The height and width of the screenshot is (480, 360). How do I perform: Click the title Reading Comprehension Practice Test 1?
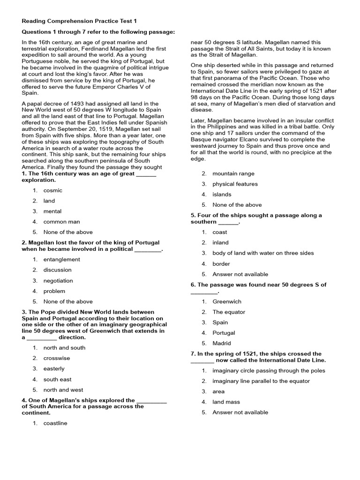coord(79,21)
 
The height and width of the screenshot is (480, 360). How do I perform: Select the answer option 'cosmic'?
coord(52,190)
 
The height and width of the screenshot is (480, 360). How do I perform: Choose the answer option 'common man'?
coord(61,222)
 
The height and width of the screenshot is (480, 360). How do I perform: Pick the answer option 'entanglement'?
coord(61,259)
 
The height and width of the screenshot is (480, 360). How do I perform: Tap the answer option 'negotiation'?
coord(58,281)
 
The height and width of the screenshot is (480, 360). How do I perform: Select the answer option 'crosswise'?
coord(57,358)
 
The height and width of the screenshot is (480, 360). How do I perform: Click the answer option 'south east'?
coord(57,379)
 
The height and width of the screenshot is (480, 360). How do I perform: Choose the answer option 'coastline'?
coord(55,423)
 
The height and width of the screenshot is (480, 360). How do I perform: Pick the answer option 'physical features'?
coord(235,184)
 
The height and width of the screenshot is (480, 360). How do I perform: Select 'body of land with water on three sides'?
coord(263,253)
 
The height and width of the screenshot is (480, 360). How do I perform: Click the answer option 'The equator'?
coord(229,312)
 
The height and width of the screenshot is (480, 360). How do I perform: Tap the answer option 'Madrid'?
coord(222,343)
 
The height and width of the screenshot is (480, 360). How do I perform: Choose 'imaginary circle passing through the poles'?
coord(269,370)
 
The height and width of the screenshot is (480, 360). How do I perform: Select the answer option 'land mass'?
coord(226,402)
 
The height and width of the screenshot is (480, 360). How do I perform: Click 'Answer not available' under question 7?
coord(240,412)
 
